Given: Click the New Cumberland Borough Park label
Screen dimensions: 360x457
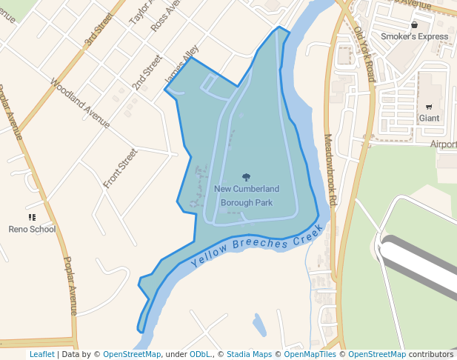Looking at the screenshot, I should click(x=247, y=196).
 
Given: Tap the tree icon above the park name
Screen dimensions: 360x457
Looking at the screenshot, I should click(x=247, y=177).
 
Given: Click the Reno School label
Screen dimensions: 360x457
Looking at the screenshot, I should click(x=32, y=229).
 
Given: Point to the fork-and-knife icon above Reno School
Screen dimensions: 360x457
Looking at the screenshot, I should click(x=32, y=217).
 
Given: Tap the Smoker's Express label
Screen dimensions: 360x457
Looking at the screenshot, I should click(x=414, y=36).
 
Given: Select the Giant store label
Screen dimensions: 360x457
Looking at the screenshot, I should click(x=429, y=118).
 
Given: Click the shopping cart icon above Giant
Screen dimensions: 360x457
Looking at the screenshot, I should click(x=429, y=107).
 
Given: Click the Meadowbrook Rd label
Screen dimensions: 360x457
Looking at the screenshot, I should click(x=330, y=170).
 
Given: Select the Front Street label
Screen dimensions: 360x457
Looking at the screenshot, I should click(x=120, y=168).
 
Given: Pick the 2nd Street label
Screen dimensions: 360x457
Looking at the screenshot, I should click(x=147, y=73).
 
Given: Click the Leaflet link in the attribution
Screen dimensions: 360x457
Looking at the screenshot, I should click(x=41, y=354).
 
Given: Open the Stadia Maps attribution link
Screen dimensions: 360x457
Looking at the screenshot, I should click(x=249, y=354).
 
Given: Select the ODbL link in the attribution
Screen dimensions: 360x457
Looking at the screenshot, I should click(x=200, y=354).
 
